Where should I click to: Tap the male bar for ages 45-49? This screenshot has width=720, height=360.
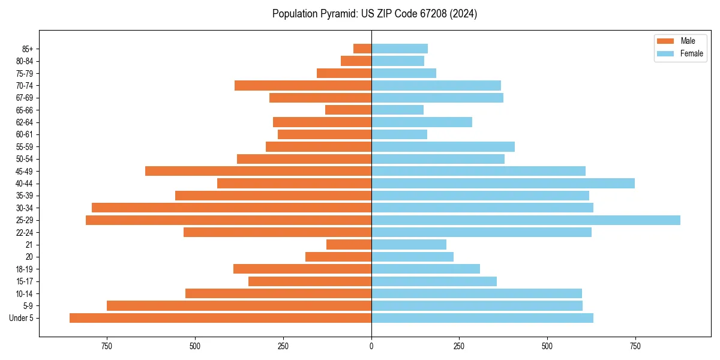(258, 171)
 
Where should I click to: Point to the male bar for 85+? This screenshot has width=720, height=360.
(362, 49)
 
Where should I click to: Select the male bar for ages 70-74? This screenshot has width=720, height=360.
(303, 86)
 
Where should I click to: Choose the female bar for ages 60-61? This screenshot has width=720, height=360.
(399, 134)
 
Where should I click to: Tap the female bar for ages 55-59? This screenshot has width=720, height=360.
(443, 147)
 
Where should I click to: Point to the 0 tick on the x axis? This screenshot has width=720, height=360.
(371, 346)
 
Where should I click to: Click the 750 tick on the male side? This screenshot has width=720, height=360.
(107, 346)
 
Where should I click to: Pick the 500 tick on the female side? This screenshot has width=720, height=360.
(547, 346)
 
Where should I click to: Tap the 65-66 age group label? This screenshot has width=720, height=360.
(24, 110)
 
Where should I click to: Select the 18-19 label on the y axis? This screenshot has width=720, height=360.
(24, 269)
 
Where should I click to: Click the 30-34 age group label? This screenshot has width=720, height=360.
(24, 208)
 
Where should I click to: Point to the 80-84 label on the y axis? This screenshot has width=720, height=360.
(24, 61)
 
